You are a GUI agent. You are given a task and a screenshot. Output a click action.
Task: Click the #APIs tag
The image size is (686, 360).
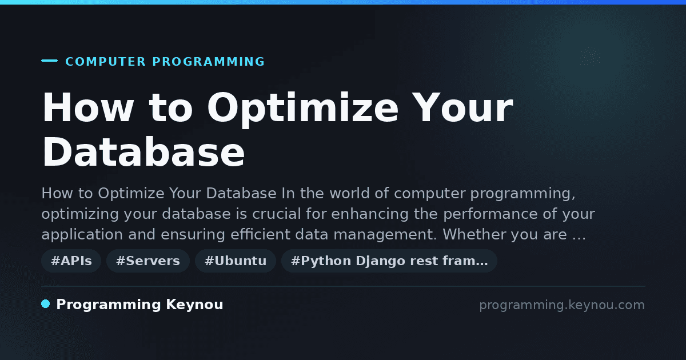tap(71, 261)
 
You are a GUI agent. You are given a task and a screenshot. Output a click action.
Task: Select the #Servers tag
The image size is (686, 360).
tap(148, 261)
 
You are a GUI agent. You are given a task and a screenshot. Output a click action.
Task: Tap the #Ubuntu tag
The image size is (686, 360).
tap(236, 261)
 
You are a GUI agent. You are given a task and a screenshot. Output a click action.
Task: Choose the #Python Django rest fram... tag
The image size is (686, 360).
tap(389, 261)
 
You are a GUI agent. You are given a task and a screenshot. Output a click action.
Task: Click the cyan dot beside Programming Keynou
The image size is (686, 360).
tap(46, 304)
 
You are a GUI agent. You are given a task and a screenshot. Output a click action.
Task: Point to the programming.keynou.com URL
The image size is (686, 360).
tap(562, 305)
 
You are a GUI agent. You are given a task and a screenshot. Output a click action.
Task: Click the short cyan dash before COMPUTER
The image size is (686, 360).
tap(49, 61)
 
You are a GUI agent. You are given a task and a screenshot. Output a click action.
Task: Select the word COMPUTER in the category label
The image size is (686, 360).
tap(106, 62)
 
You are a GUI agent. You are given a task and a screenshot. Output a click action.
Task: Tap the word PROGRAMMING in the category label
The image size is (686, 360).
tap(209, 62)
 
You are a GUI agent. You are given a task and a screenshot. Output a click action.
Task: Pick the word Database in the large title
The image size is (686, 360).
tap(143, 152)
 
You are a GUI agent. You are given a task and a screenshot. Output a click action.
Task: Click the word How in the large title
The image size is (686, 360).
tap(88, 107)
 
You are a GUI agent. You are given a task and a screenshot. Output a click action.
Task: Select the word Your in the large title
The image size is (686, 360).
tap(462, 107)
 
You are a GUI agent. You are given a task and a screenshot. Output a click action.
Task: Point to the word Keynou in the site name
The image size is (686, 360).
tap(194, 304)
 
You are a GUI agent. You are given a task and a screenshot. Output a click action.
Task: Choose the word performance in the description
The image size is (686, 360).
tap(490, 214)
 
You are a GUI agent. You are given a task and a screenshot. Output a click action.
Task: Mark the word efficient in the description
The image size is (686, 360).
tap(260, 234)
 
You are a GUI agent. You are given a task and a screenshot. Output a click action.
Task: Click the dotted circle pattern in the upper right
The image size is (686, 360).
tap(590, 57)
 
